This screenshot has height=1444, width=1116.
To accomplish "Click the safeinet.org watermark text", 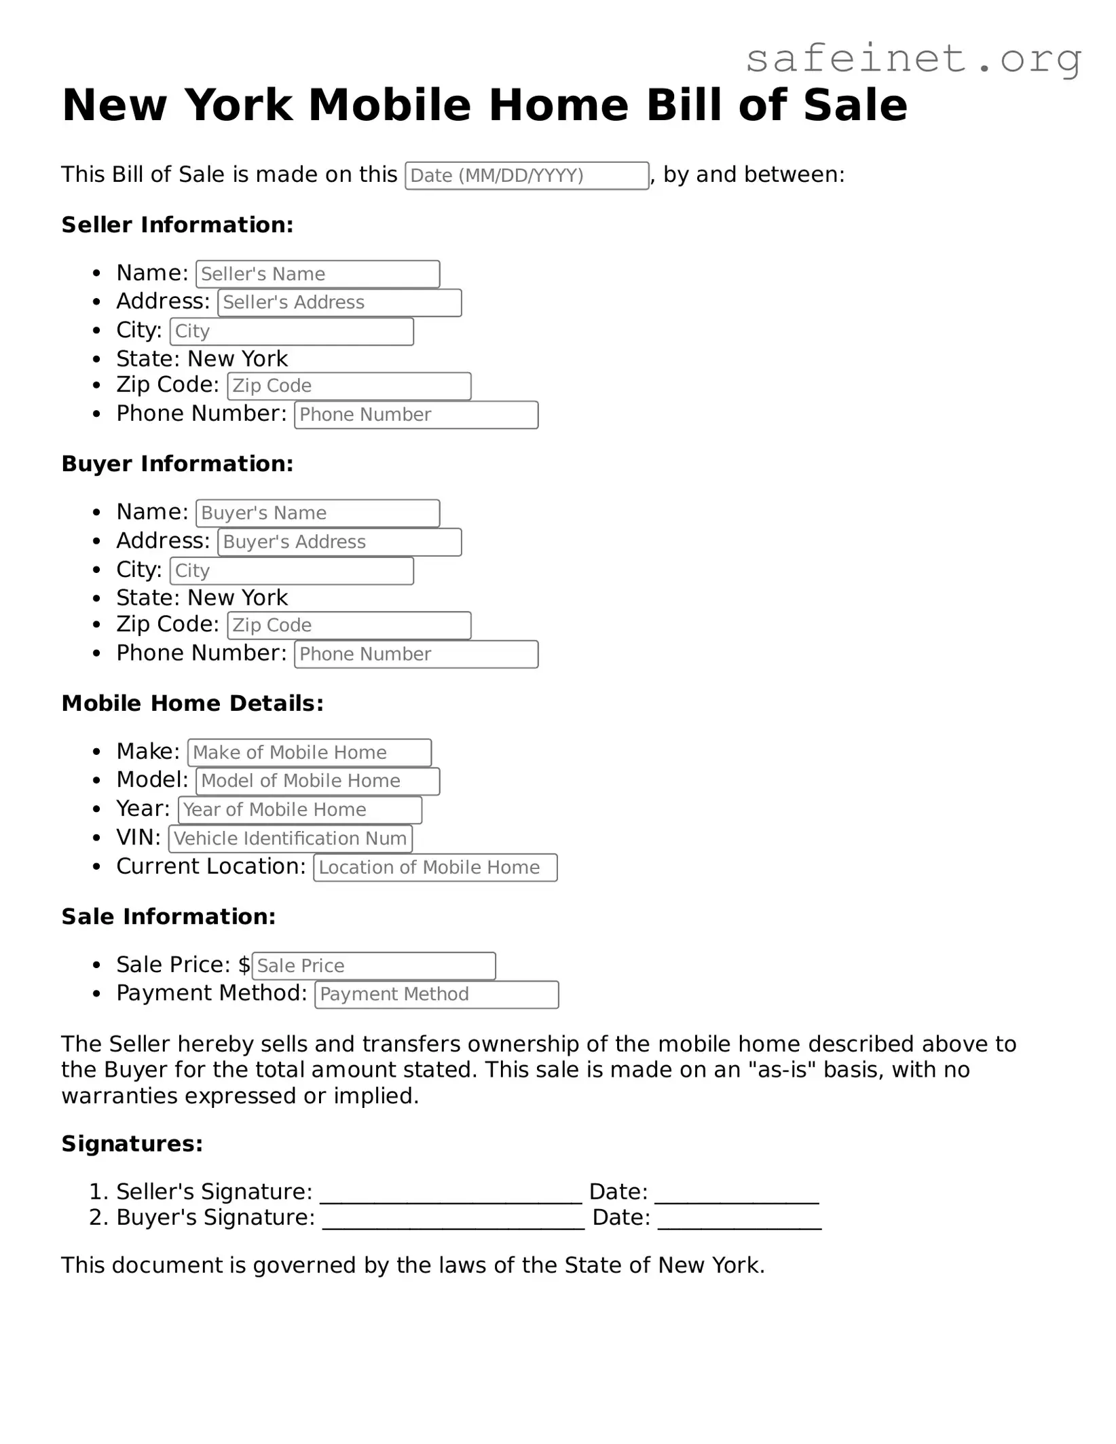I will [x=913, y=59].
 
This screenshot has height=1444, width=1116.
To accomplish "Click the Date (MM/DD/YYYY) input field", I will [x=527, y=176].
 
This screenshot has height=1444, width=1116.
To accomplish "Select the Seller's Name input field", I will [x=318, y=274].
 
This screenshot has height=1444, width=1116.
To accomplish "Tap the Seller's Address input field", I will [x=339, y=303].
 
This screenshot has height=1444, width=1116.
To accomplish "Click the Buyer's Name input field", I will [x=318, y=513].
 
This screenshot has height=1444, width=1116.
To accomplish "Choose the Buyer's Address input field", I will [x=339, y=542].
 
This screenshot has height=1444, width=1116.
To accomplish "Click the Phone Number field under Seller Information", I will [x=416, y=415].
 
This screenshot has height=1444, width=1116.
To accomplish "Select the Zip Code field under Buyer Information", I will [x=349, y=625].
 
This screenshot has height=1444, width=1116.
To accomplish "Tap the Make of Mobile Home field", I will [x=310, y=753].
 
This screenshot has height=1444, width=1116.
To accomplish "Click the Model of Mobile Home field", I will [x=318, y=781].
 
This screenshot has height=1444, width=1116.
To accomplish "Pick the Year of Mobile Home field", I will [x=300, y=810].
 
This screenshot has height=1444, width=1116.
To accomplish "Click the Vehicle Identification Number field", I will [x=291, y=838].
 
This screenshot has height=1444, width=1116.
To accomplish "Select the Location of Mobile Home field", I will [x=435, y=868].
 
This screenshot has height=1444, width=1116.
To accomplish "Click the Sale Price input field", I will [x=373, y=966].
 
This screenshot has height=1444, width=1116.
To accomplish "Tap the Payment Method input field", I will [x=436, y=995].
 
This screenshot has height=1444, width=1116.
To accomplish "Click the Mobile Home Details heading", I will [x=193, y=703].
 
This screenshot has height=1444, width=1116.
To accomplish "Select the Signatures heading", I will [x=132, y=1144].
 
